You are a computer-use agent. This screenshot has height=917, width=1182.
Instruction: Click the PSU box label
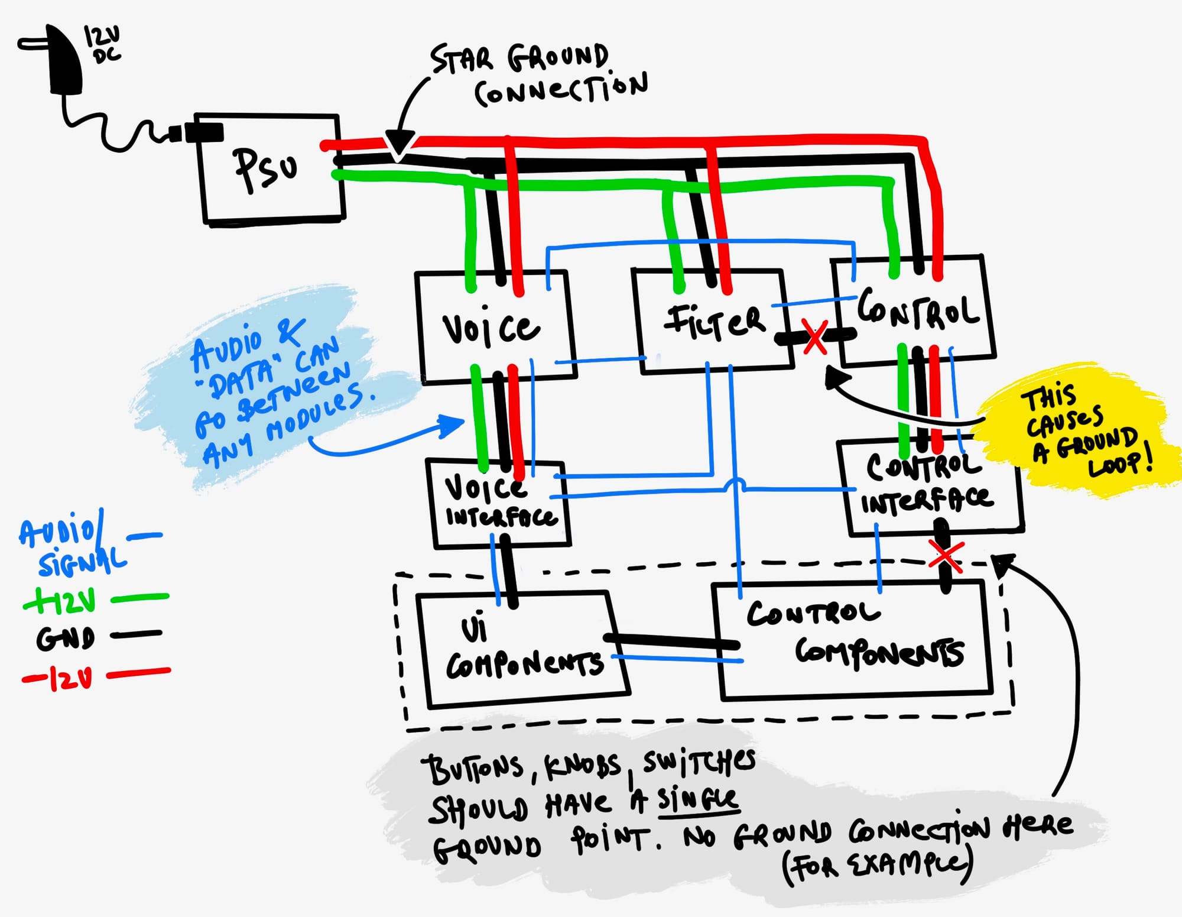click(265, 170)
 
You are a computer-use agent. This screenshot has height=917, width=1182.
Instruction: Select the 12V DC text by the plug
click(102, 44)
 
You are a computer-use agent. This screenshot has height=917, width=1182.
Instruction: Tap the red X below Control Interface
click(945, 557)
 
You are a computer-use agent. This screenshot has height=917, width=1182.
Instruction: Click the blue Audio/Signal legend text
click(71, 547)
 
